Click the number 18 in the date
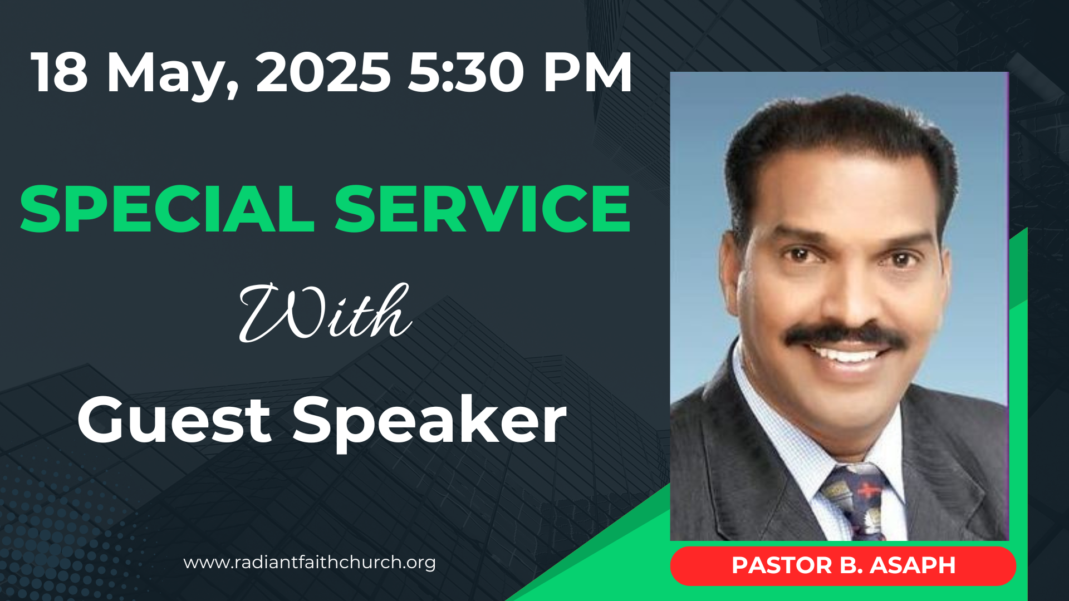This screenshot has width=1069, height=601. coord(60,72)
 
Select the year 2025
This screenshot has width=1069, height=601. coord(323,72)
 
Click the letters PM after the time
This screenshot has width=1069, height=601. coord(588,72)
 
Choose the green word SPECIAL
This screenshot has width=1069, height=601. coord(167,209)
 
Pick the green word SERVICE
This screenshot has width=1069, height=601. coord(482,209)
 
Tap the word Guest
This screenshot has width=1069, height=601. coord(174,420)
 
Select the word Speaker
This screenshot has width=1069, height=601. coord(429,423)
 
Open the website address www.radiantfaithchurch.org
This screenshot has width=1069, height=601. coord(310,563)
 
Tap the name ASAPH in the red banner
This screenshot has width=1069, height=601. coord(913,565)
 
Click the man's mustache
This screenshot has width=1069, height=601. coord(845,336)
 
